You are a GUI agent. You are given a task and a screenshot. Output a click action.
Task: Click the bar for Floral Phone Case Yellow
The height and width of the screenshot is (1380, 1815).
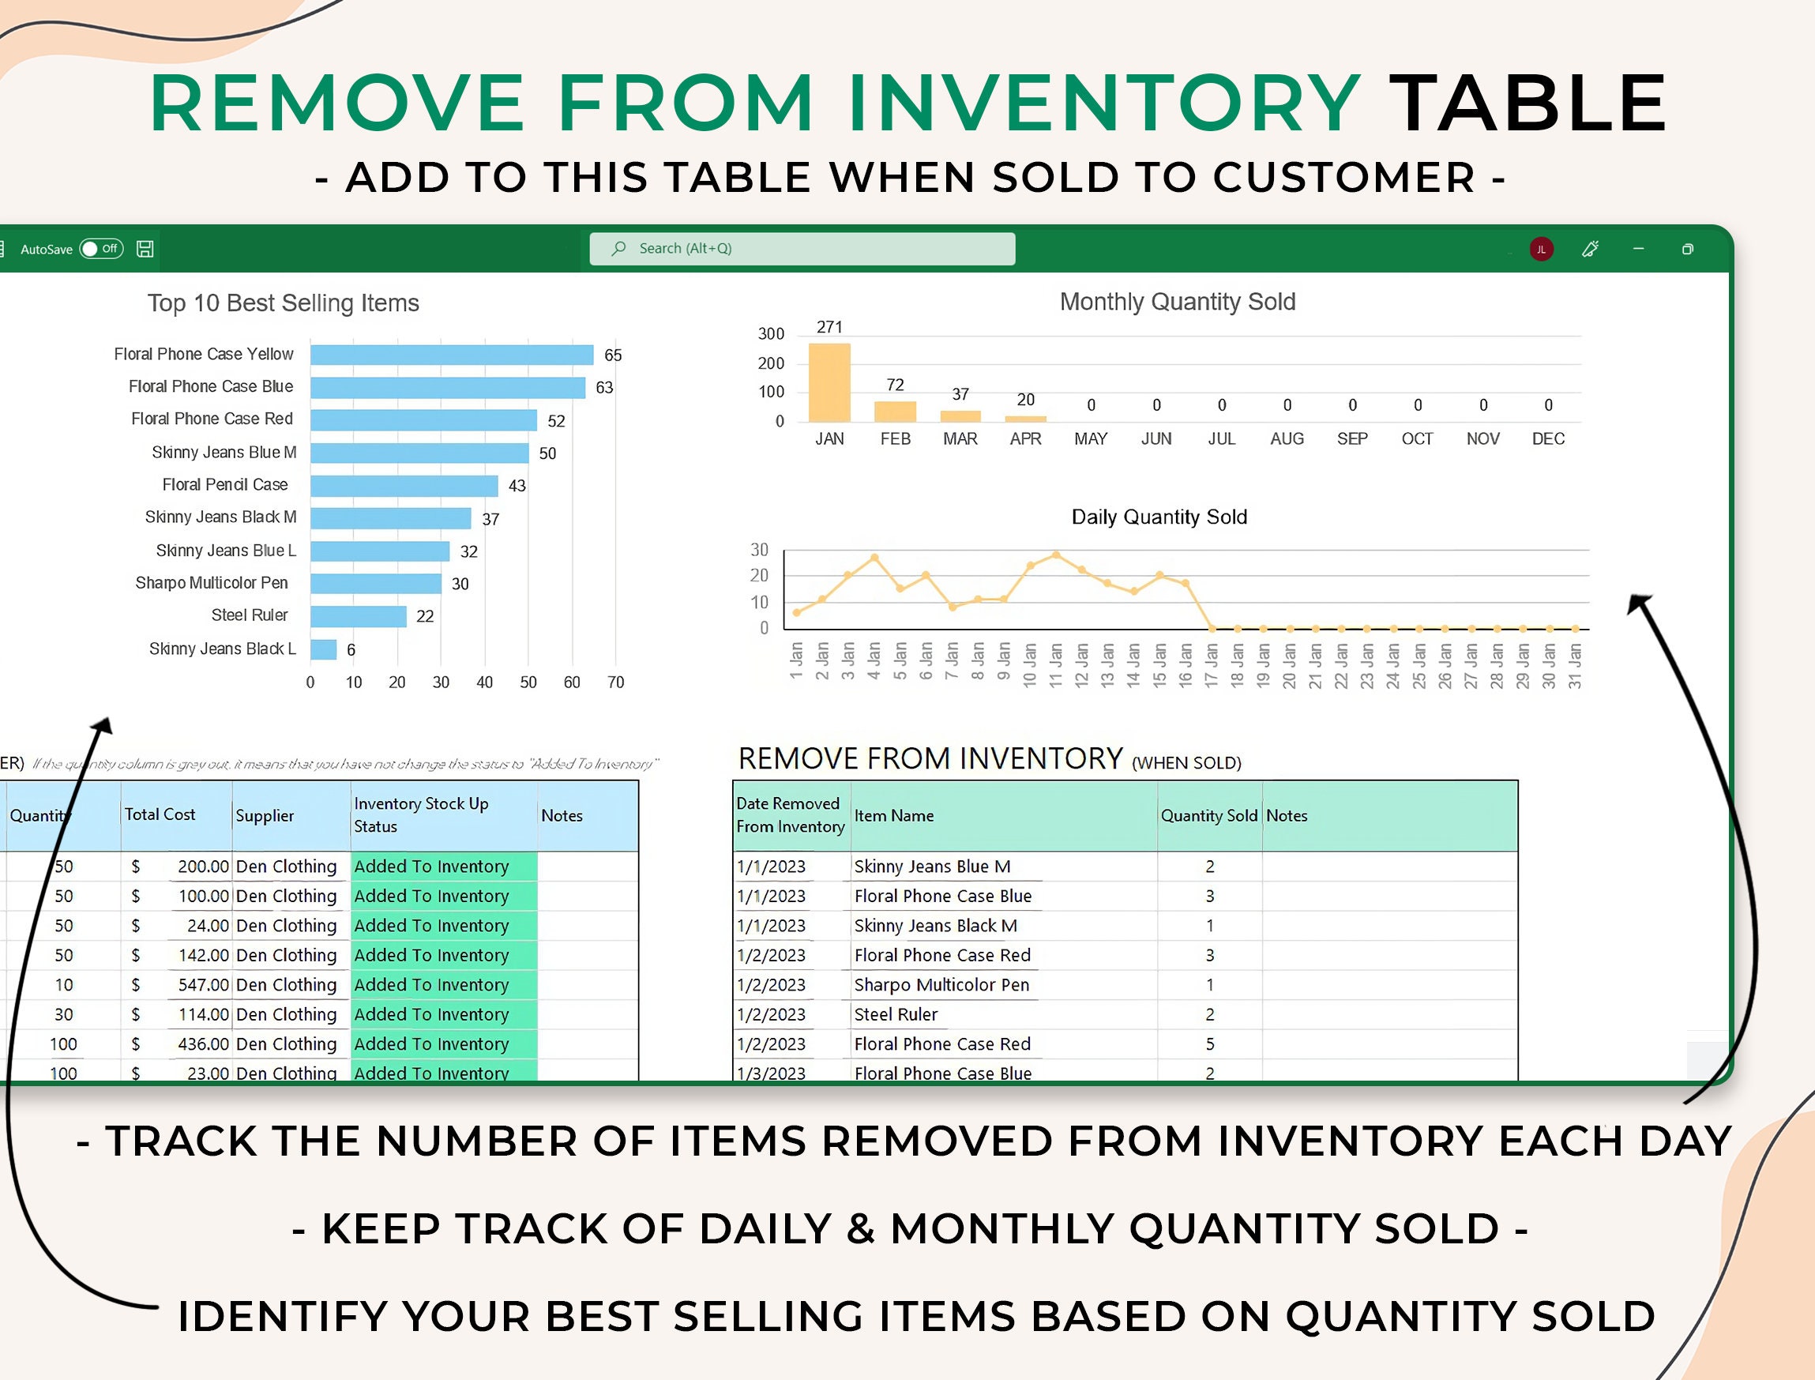[x=452, y=355]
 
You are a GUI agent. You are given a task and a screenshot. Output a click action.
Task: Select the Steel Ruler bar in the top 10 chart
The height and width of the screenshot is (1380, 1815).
[x=358, y=616]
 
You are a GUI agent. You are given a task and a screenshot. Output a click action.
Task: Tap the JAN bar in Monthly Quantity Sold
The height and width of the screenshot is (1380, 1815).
[x=829, y=383]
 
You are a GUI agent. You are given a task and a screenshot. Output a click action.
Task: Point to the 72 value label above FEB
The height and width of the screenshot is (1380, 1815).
[x=895, y=385]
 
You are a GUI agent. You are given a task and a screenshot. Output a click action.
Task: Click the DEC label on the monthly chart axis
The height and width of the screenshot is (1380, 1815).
[x=1548, y=438]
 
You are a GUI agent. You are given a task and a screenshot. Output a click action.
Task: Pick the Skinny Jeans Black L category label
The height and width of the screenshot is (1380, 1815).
[x=223, y=649]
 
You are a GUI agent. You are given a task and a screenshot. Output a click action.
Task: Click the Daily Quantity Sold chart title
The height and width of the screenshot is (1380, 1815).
[x=1159, y=517]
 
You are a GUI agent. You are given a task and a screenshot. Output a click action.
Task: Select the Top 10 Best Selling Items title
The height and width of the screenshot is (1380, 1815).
[x=284, y=303]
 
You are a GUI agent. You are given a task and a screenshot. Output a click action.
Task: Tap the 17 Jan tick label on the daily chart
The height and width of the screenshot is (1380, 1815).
[x=1212, y=665]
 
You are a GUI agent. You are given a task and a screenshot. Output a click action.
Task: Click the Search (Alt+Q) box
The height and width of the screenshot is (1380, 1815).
[x=802, y=248]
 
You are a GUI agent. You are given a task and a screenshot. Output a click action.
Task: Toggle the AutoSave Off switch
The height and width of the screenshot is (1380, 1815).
[x=101, y=249]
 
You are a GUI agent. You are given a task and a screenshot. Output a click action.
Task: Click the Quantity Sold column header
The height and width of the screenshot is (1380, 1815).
[x=1209, y=816]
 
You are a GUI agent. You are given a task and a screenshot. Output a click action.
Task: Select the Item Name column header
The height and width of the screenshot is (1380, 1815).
[x=893, y=816]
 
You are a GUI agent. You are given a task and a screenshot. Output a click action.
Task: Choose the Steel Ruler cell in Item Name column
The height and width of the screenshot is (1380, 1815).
[x=895, y=1014]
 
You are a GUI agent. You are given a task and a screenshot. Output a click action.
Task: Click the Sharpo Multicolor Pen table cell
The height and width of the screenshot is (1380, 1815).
[x=941, y=985]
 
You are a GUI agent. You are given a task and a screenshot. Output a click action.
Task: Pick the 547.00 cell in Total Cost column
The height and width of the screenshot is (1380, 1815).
[x=203, y=985]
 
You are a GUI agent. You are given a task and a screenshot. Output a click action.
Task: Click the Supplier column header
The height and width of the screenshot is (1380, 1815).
[x=265, y=816]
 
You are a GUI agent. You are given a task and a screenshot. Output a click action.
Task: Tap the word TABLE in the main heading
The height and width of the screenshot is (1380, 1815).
[x=1528, y=103]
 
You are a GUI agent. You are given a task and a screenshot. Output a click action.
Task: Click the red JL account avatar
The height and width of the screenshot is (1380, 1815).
[x=1542, y=249]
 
